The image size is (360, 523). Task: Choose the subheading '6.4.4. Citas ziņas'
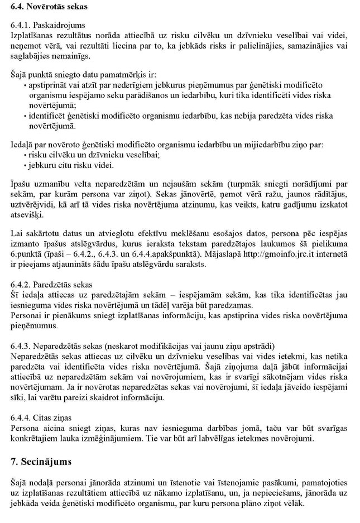[x=43, y=418]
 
